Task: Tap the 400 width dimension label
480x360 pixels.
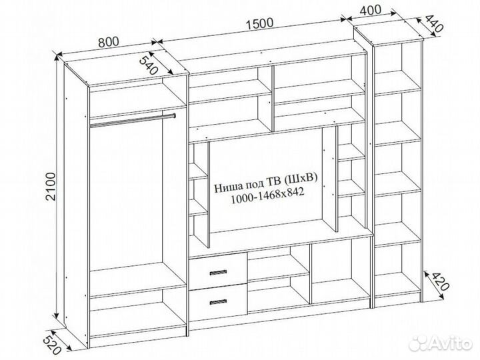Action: click(x=370, y=10)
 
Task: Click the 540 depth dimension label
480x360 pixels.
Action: click(x=149, y=64)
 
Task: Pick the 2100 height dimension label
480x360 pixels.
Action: click(x=51, y=187)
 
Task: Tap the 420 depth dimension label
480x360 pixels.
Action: click(x=440, y=281)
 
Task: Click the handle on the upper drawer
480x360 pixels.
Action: click(x=218, y=273)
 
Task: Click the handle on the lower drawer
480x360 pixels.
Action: click(x=218, y=302)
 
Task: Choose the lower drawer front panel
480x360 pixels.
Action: click(x=218, y=303)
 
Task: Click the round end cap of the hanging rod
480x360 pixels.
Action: click(x=174, y=116)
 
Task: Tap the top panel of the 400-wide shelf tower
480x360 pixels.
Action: click(x=388, y=34)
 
